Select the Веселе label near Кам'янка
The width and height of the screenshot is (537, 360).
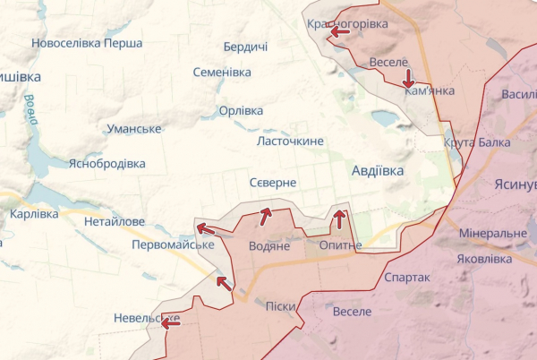click(x=388, y=62)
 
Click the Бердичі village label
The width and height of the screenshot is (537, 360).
click(x=245, y=47)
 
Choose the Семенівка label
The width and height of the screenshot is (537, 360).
click(x=222, y=72)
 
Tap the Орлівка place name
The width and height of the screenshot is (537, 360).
click(x=241, y=111)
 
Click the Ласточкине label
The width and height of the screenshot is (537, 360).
click(x=290, y=141)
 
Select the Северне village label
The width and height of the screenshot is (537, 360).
click(x=273, y=182)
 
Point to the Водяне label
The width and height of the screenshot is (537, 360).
click(x=268, y=245)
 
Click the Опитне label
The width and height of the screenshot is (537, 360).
click(x=340, y=244)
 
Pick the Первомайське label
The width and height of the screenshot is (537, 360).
click(x=172, y=244)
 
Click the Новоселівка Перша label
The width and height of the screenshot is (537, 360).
click(x=86, y=43)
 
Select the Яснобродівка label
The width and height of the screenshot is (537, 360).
click(x=107, y=164)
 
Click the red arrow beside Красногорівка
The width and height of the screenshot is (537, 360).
click(x=339, y=32)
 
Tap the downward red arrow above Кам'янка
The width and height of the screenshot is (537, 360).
click(x=408, y=78)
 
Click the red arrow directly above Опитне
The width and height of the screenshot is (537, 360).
click(x=339, y=218)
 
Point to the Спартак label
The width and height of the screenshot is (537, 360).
click(x=406, y=278)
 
